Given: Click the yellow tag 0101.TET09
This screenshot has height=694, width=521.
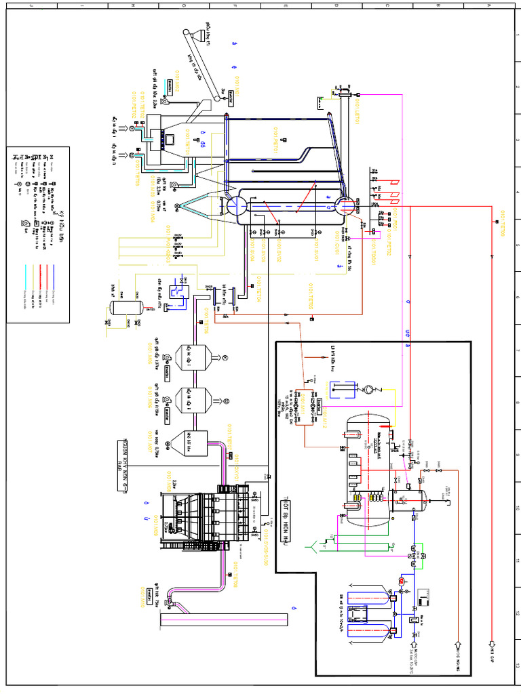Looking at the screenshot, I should coord(503,223).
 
